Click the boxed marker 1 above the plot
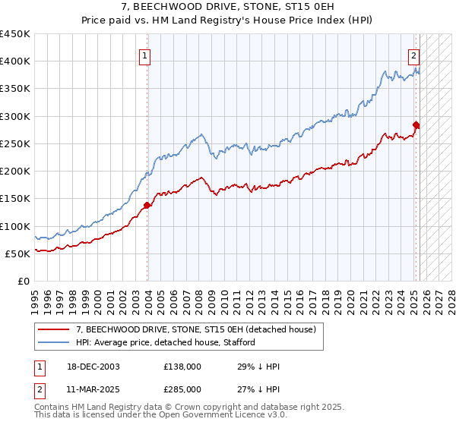[144, 55]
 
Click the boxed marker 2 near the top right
[414, 55]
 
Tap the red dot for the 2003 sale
[147, 204]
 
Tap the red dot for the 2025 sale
[416, 124]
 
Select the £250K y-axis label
[15, 143]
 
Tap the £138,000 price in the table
[182, 367]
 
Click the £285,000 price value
[182, 389]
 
